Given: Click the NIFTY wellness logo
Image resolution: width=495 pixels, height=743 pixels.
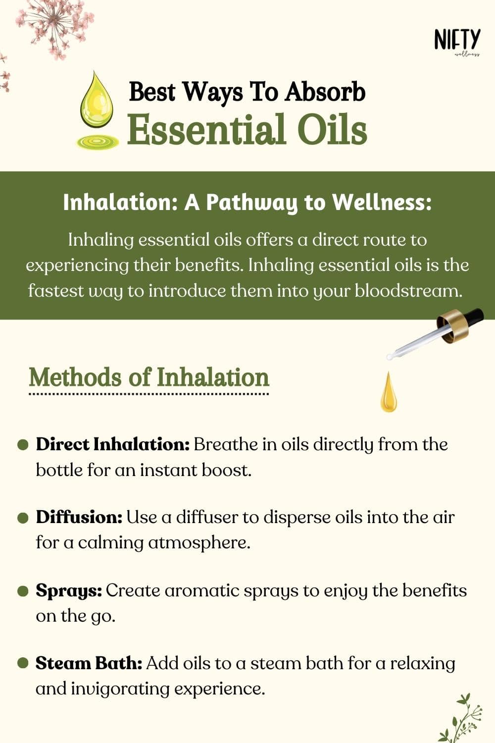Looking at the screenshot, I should [x=457, y=42].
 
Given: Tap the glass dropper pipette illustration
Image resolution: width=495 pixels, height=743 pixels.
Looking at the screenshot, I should [x=435, y=334].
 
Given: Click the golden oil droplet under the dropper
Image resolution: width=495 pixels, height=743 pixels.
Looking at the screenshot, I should [x=389, y=393].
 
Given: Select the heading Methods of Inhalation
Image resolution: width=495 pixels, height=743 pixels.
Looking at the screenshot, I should [x=149, y=377].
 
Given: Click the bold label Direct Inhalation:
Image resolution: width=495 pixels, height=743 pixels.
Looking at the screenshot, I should [x=113, y=444].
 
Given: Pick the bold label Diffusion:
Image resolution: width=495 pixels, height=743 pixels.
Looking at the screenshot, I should [x=79, y=517].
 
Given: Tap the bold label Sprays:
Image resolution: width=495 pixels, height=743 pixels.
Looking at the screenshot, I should [x=69, y=590].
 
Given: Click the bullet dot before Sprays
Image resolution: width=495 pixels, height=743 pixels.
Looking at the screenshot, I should [x=23, y=591].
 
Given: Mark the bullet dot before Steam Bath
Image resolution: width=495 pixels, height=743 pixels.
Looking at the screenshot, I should [x=23, y=663].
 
